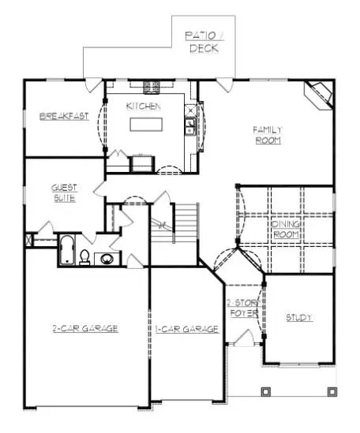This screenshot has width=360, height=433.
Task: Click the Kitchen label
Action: (x=143, y=106)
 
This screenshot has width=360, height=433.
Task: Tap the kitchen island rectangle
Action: (x=146, y=125)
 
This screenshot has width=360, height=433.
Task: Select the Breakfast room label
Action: (x=64, y=116)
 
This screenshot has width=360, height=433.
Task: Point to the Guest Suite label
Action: (x=65, y=193)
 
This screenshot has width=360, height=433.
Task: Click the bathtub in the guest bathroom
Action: (x=67, y=250)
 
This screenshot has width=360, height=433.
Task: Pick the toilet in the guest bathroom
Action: (x=84, y=257)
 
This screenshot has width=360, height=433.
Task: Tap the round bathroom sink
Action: (x=107, y=259)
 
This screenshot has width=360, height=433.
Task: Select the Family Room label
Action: (x=268, y=135)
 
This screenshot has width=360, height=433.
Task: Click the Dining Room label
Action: (x=286, y=230)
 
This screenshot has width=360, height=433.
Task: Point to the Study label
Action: (x=299, y=318)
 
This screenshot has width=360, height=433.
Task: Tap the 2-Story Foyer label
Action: (x=244, y=308)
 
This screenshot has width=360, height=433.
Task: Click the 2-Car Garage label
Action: (x=85, y=328)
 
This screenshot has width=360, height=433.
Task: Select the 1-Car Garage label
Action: (x=187, y=329)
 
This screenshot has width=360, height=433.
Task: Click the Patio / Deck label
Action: (x=204, y=42)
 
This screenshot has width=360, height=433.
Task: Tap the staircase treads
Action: (x=186, y=223)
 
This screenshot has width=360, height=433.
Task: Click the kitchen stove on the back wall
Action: (x=152, y=87)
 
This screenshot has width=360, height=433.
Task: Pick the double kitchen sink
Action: (x=190, y=126)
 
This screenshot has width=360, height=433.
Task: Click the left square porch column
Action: (x=266, y=391)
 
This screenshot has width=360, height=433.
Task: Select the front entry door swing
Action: (x=244, y=337)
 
